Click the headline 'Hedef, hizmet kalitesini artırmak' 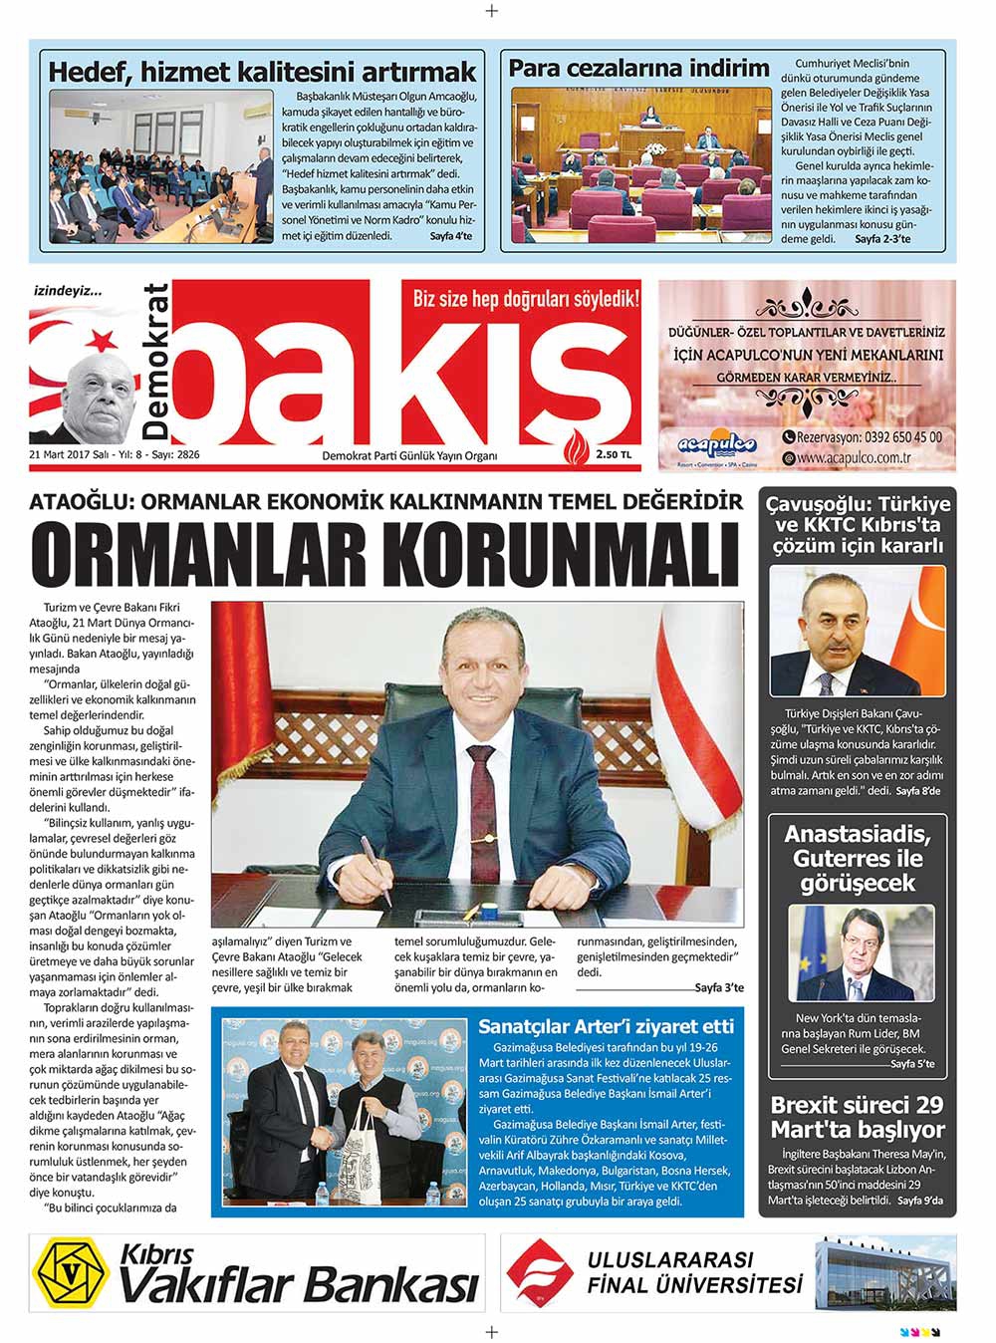pos(263,72)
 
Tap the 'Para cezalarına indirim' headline pos(638,68)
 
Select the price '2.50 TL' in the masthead pos(614,454)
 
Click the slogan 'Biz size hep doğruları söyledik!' pos(526,296)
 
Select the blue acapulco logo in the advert pos(715,444)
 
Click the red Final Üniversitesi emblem pos(539,1272)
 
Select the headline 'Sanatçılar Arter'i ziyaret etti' pos(606,1026)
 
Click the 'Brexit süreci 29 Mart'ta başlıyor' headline pos(858,1117)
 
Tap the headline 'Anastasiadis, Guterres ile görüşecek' pos(858,858)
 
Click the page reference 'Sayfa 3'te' pos(719,987)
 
